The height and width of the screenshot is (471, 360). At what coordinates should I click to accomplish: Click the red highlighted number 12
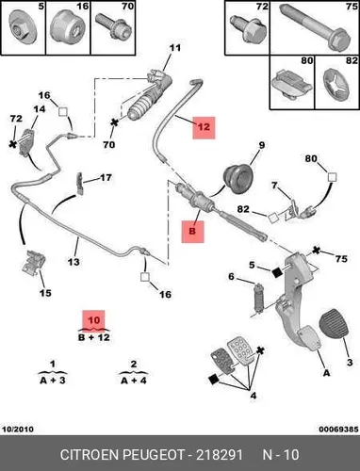(x=204, y=127)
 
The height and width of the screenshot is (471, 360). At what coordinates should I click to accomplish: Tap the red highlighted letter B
(x=192, y=232)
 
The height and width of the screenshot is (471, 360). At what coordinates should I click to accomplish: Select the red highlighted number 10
(x=93, y=320)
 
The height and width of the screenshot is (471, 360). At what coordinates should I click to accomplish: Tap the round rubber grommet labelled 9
(x=238, y=177)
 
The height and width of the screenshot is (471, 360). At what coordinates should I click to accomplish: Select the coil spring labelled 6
(x=258, y=298)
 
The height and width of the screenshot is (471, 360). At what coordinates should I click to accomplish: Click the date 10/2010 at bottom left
(x=18, y=429)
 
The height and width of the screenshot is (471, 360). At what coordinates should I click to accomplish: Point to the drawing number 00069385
(x=338, y=429)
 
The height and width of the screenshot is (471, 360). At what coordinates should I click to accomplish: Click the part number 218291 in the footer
(x=220, y=455)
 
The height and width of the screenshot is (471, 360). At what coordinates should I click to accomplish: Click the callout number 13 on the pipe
(x=74, y=262)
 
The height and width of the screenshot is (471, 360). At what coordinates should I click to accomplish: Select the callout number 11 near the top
(x=175, y=48)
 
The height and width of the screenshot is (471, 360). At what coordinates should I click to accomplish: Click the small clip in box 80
(x=291, y=83)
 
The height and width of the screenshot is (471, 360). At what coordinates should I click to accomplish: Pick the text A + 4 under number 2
(x=134, y=381)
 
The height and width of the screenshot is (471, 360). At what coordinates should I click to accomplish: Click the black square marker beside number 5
(x=277, y=272)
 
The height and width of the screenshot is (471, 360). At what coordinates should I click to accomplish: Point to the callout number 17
(x=106, y=178)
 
